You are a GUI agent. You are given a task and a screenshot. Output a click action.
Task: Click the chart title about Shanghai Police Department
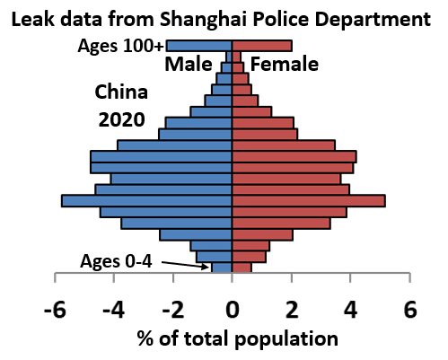(x=223, y=17)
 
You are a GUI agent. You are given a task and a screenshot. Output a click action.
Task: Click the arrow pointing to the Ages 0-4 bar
(x=184, y=265)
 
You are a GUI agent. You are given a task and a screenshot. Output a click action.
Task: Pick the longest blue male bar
(x=146, y=200)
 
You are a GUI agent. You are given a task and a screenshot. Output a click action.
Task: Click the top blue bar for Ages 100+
(x=198, y=46)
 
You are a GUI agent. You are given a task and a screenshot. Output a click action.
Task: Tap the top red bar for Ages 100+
(x=261, y=46)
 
